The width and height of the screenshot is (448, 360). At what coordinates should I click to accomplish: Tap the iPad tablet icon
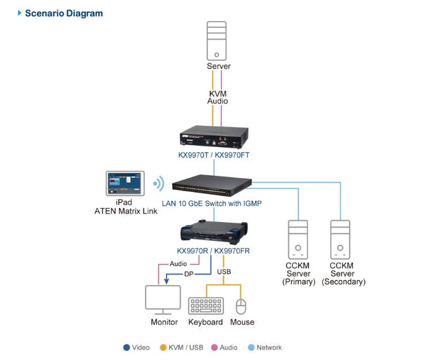(125, 184)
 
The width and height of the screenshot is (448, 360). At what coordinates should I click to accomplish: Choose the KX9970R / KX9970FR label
(213, 251)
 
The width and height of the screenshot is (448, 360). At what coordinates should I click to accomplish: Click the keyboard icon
(206, 306)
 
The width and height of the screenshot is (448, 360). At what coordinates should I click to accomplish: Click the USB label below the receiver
(223, 271)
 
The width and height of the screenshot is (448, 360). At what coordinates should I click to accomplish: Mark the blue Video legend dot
(126, 347)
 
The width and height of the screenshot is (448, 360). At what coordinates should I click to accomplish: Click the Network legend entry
(264, 347)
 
